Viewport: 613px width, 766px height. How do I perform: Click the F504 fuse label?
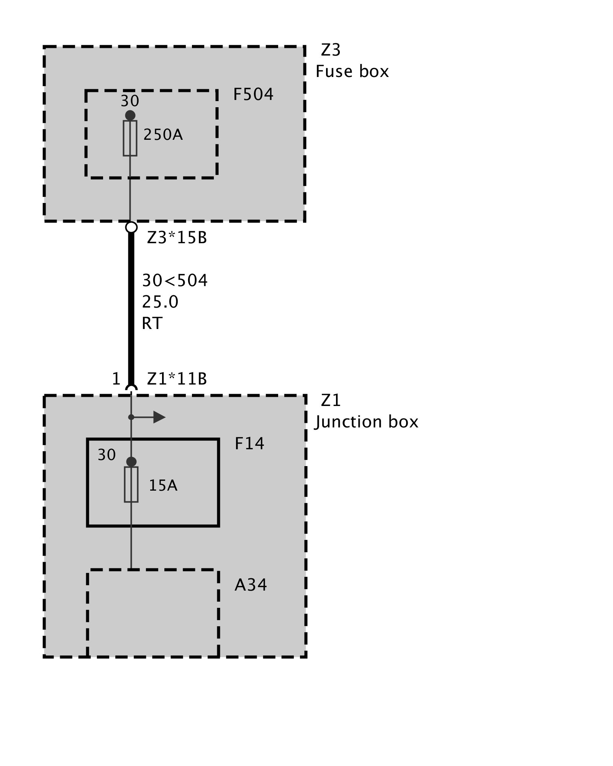253,95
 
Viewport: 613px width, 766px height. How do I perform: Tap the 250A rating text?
163,135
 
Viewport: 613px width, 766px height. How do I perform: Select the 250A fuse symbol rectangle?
130,138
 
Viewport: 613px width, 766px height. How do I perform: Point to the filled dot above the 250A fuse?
130,115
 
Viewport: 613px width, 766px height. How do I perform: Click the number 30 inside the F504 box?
130,101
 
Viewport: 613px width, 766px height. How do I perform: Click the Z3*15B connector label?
177,238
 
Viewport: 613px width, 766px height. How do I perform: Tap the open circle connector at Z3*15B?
131,227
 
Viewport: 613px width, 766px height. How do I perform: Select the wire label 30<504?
175,281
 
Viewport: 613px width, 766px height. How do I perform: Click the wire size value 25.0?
160,302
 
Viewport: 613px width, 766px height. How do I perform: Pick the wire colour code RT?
152,324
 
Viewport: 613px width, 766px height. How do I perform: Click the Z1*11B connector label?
177,379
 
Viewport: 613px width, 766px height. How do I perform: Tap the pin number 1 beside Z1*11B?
116,379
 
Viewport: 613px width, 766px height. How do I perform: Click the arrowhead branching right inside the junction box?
159,417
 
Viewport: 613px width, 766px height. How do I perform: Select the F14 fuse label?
249,444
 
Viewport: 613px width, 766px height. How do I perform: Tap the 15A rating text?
163,486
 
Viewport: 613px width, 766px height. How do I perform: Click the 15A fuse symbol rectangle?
131,484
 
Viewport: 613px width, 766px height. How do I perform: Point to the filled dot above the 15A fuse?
131,462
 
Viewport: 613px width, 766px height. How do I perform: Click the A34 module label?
251,585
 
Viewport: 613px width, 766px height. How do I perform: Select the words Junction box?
367,422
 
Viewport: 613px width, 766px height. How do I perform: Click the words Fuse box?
352,72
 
